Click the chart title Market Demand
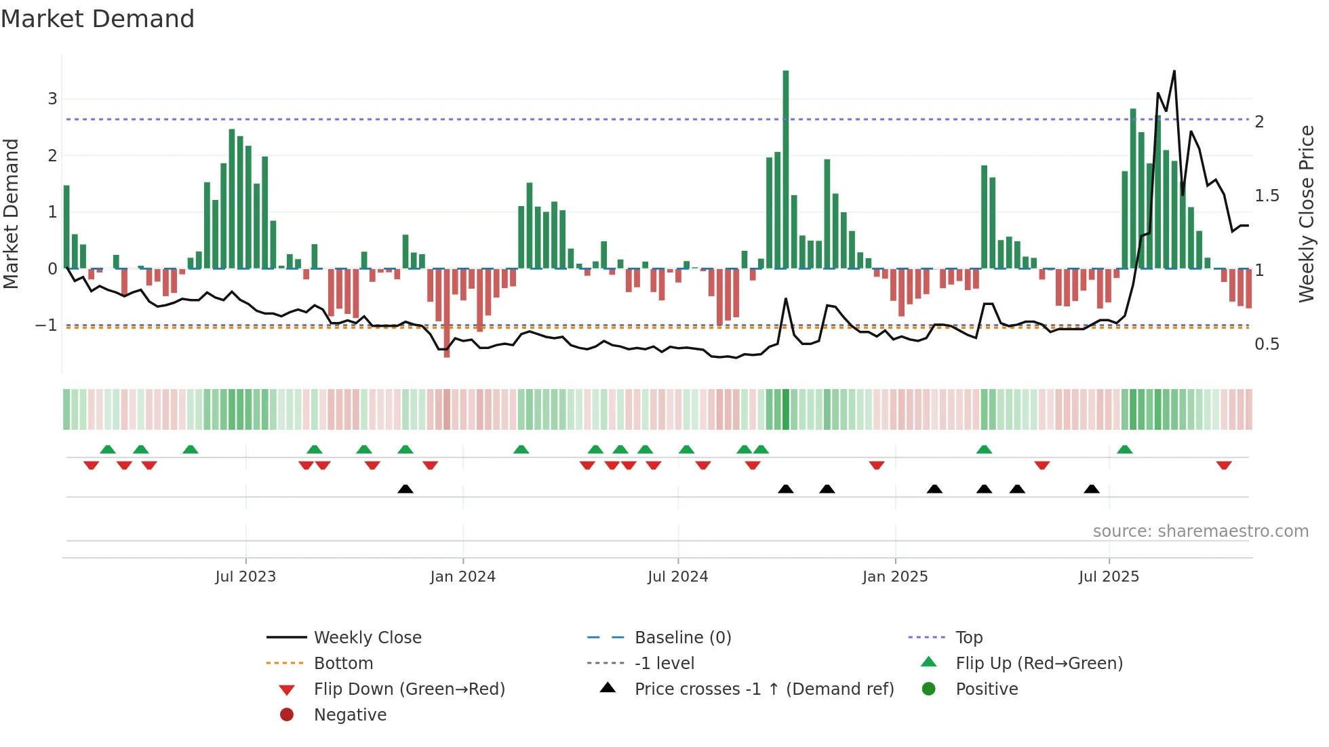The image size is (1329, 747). (98, 19)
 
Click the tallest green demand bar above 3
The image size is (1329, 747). (785, 169)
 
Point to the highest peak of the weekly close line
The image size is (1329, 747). (1174, 72)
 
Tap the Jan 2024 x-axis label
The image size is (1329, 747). (462, 577)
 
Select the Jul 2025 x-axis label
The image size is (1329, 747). (1109, 577)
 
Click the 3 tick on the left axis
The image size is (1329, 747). (52, 99)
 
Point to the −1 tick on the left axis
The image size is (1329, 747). (46, 325)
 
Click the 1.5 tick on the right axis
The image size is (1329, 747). (1267, 196)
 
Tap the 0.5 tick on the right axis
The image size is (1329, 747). (1267, 344)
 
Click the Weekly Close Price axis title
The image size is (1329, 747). (1306, 214)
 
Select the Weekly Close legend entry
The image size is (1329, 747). (367, 638)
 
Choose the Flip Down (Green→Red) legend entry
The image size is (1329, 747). (409, 689)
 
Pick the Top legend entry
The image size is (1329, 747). (968, 638)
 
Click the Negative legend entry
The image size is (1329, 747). (350, 715)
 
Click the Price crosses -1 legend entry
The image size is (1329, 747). (763, 689)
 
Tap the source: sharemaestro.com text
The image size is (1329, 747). (1200, 531)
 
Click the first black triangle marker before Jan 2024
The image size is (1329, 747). (405, 489)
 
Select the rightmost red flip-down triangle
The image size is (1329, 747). (1223, 466)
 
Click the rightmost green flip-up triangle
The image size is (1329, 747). (1124, 449)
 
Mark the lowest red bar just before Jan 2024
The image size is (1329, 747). (446, 313)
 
